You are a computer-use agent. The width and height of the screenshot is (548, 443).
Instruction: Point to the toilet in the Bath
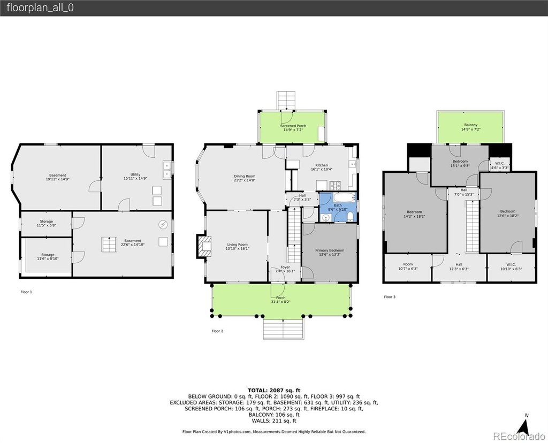tap(350, 217)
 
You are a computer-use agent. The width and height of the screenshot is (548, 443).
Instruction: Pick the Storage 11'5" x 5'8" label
tap(47, 223)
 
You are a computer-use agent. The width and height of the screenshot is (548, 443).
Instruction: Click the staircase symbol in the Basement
tap(109, 244)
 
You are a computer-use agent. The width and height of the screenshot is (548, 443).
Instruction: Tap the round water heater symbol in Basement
tap(163, 225)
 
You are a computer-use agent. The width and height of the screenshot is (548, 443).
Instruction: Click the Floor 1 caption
tap(26, 292)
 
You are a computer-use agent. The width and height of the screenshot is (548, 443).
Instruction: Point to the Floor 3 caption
tap(390, 297)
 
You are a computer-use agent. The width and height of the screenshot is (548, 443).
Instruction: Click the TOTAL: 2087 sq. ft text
tap(274, 390)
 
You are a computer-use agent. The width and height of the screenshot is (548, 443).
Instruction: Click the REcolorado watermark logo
tap(519, 436)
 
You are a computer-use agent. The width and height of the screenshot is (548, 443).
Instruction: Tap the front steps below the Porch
tap(284, 329)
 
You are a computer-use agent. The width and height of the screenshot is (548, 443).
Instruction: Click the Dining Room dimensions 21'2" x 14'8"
tap(245, 180)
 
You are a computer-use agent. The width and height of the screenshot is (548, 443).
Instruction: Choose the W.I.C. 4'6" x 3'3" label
tap(500, 165)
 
